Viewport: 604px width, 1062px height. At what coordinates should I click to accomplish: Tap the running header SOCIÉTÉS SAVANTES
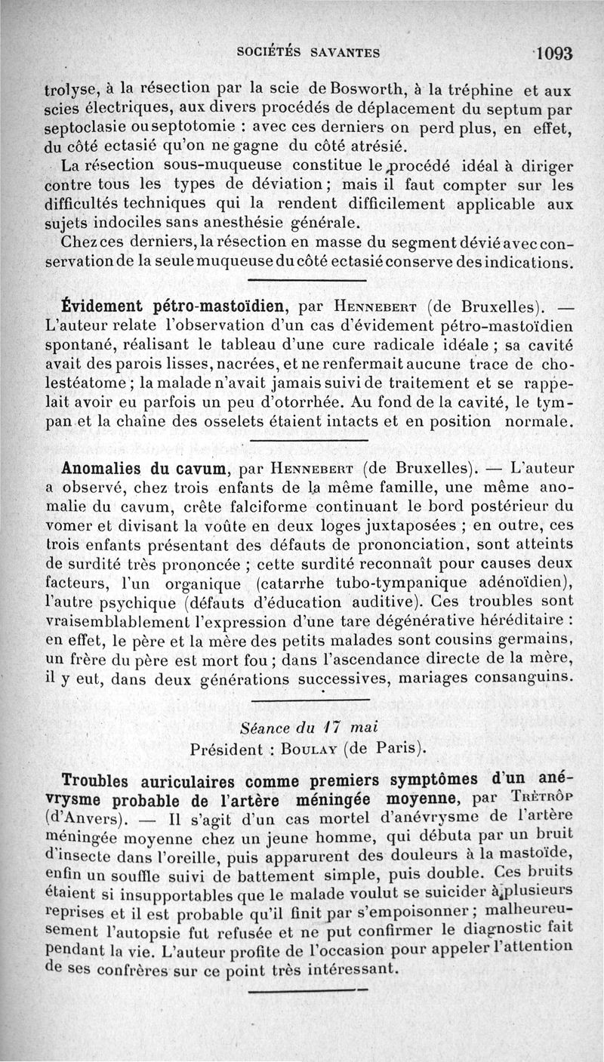click(x=308, y=53)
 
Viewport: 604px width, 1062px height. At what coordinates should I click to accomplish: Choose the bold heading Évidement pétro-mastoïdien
click(x=176, y=308)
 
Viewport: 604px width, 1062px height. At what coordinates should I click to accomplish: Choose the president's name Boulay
click(x=309, y=750)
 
